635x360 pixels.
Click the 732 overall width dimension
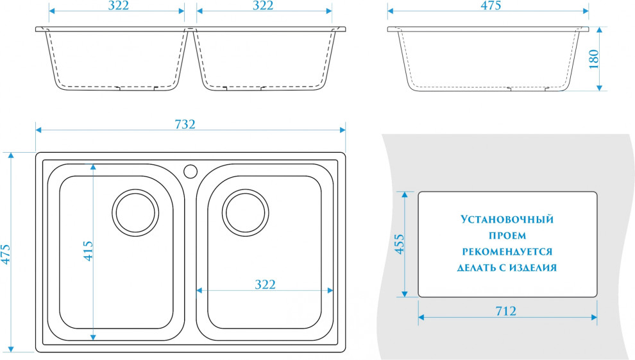tap(185, 124)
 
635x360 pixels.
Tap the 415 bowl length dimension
tap(89, 251)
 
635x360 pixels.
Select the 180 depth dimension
tap(594, 59)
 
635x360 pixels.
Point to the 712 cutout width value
tap(506, 311)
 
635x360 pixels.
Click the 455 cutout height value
tap(400, 244)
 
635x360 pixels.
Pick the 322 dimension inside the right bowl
tap(266, 284)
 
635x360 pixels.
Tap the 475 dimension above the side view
tap(491, 5)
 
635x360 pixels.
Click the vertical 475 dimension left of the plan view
tap(6, 255)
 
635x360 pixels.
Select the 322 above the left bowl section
tap(119, 5)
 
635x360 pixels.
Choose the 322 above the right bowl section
tap(263, 5)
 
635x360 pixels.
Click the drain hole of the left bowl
tap(135, 212)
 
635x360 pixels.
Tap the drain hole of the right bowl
tap(246, 212)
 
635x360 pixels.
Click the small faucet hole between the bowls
tap(190, 171)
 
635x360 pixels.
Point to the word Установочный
tap(507, 219)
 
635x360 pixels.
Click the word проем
tap(507, 236)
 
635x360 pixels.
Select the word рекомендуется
tap(507, 252)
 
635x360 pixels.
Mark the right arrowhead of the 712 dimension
tap(594, 317)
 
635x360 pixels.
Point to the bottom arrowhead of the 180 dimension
tap(600, 88)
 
